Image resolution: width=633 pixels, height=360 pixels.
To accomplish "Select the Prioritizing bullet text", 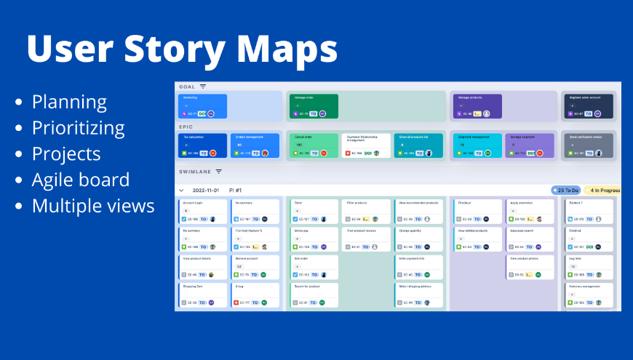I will tap(79, 128).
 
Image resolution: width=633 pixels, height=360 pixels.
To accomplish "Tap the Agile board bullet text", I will tap(81, 180).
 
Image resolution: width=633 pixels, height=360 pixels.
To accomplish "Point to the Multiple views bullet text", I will tap(93, 206).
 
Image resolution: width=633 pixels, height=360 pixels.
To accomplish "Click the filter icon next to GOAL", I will tap(203, 87).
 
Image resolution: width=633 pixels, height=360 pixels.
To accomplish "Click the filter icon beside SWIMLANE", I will tap(218, 172).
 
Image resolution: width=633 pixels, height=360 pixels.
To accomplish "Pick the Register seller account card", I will tap(589, 105).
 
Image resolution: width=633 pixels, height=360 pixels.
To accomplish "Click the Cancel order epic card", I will tap(314, 145).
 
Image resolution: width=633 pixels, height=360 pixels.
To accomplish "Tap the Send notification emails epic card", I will tap(589, 145).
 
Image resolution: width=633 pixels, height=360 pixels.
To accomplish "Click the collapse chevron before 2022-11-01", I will tap(181, 190).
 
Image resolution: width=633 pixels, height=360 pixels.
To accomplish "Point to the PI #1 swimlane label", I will tap(236, 190).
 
